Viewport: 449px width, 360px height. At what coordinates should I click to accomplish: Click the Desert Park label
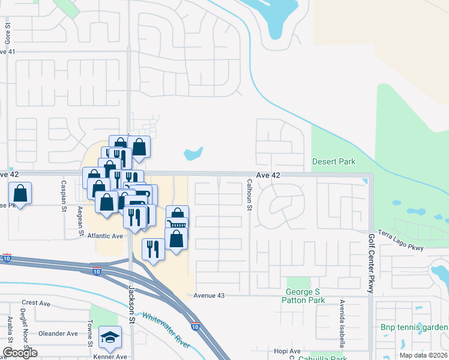point(333,161)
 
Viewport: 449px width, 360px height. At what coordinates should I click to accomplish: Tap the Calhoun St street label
point(249,195)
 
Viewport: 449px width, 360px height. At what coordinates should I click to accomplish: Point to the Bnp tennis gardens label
point(414,327)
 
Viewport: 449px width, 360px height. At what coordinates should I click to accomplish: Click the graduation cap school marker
point(110,338)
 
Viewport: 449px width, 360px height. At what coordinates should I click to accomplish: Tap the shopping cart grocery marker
point(176,224)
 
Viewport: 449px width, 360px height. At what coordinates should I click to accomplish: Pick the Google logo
point(20,353)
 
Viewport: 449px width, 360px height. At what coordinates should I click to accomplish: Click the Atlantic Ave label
point(105,236)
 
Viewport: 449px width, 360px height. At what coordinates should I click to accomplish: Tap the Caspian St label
point(63,196)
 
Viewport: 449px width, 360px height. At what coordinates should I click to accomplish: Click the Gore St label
point(8,34)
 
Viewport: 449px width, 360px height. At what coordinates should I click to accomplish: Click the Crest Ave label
point(35,303)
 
